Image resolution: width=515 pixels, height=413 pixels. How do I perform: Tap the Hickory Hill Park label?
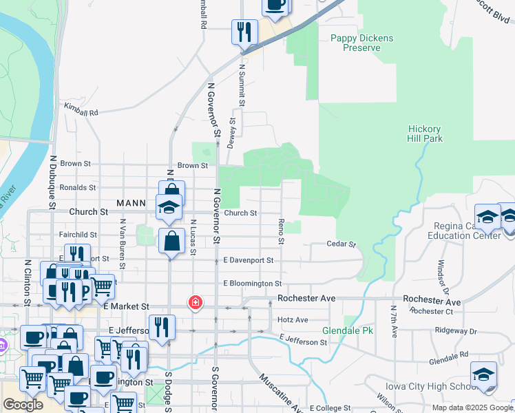click(x=425, y=134)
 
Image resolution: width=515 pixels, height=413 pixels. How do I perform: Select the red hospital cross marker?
click(x=196, y=302)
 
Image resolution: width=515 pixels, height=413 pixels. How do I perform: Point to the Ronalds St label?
click(x=77, y=187)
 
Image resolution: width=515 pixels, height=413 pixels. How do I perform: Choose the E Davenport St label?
click(x=249, y=260)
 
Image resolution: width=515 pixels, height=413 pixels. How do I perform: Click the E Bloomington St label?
click(x=251, y=283)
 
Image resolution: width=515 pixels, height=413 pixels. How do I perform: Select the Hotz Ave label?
click(x=293, y=319)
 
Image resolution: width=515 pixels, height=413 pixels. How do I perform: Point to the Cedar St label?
click(x=341, y=244)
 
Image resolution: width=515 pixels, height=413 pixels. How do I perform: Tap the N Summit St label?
click(x=242, y=85)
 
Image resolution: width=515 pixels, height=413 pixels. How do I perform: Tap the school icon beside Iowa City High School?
click(x=483, y=375)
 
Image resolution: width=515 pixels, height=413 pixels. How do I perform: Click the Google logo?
click(x=23, y=405)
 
